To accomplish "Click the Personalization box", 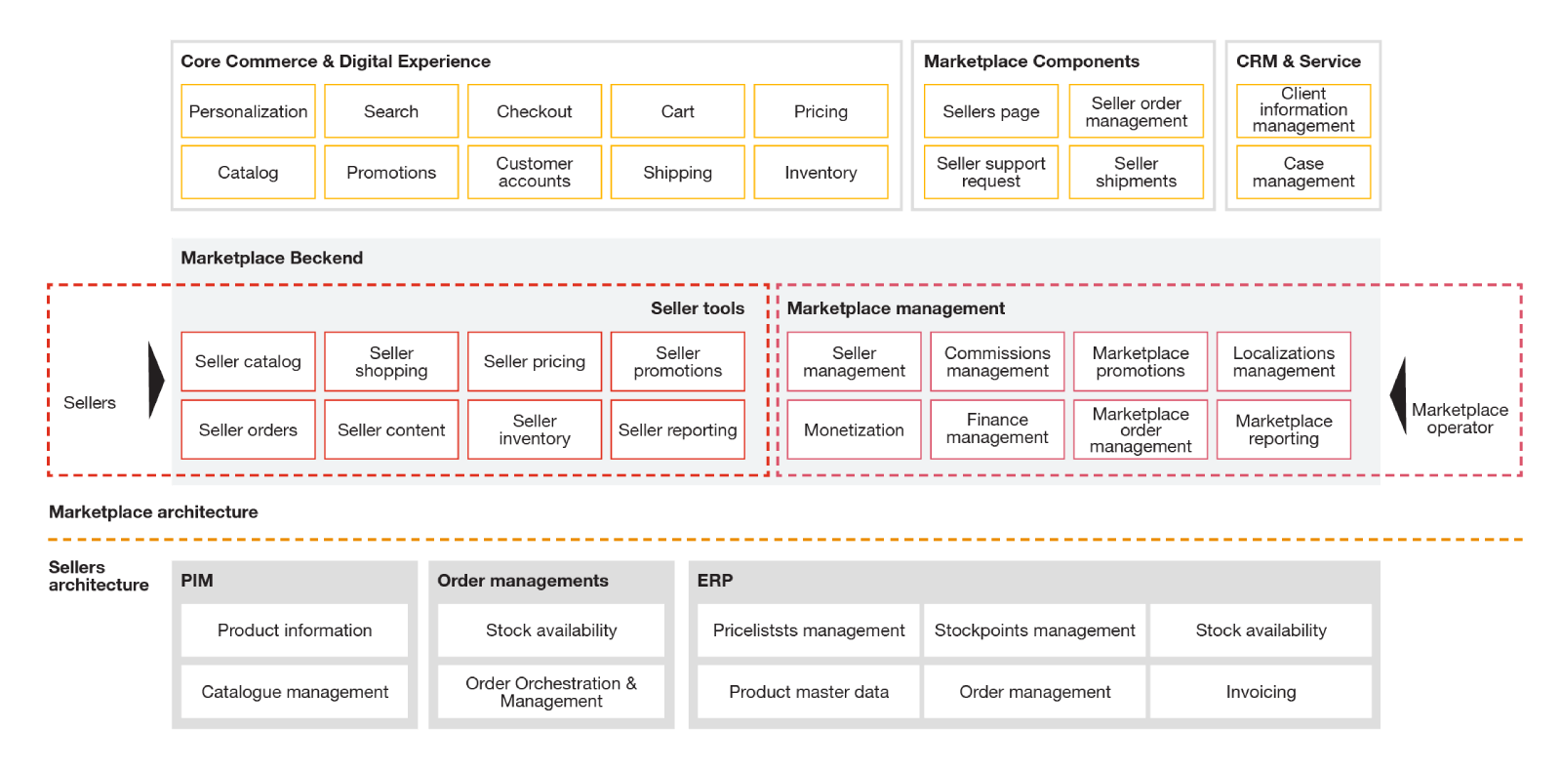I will pos(248,111).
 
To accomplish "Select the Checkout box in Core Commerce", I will pos(534,111).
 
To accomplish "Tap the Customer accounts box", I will pos(534,172).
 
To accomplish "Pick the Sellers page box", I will pos(990,111).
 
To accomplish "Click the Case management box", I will pos(1302,172).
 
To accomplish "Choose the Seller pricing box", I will pos(534,361).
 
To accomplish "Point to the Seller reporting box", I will pos(677,429).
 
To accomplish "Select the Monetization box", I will pos(854,429).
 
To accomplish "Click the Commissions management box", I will pos(997,361).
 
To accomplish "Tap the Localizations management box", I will pos(1283,361).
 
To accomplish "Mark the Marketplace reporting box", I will pos(1283,429).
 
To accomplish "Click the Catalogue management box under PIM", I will pos(295,691).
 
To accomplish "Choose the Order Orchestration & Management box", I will pos(551,691).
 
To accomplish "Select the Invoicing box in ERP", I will pos(1261,691).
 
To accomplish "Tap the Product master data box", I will pos(809,691).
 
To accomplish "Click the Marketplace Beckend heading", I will pos(271,258).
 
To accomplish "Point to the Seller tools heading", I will pos(697,308).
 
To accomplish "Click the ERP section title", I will pos(714,580).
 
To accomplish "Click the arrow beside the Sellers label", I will pos(156,381).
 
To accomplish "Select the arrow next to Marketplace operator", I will pos(1398,395).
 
